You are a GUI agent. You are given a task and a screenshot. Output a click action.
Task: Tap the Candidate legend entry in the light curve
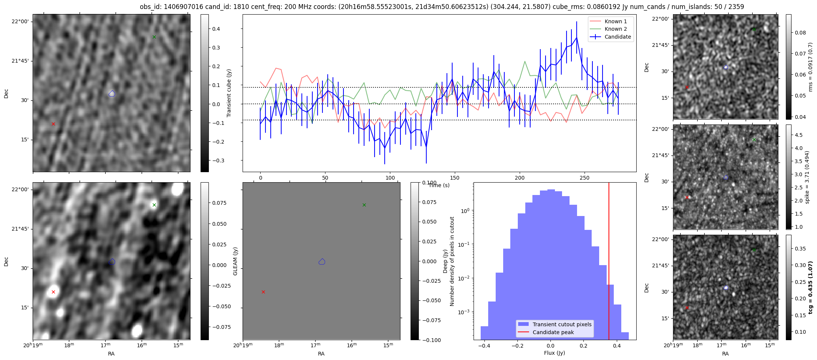click(x=618, y=37)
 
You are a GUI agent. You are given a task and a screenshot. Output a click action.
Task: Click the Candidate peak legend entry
click(x=553, y=332)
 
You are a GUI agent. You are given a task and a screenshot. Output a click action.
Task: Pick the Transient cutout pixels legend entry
click(x=562, y=324)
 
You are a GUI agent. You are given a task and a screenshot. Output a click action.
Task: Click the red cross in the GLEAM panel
click(x=263, y=292)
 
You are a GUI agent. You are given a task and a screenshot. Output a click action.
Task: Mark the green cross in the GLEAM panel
click(x=364, y=205)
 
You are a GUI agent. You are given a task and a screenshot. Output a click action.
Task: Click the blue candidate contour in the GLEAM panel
click(x=322, y=262)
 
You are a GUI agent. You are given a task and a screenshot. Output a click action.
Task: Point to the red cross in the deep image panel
click(x=53, y=292)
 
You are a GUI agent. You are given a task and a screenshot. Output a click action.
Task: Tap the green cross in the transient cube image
click(x=154, y=37)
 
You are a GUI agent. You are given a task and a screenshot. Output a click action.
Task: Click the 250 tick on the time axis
click(x=585, y=178)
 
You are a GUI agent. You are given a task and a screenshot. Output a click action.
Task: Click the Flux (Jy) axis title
click(x=554, y=353)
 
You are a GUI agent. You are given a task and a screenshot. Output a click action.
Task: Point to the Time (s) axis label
click(x=439, y=185)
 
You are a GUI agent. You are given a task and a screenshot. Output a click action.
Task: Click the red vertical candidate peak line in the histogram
click(x=609, y=262)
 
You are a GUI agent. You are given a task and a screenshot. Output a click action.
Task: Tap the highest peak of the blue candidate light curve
click(x=577, y=37)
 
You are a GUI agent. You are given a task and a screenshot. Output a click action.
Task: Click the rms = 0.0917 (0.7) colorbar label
click(x=810, y=67)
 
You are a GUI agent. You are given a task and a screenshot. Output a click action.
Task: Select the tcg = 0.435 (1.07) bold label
click(x=810, y=288)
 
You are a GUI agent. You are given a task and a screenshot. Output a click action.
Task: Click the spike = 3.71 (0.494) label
click(x=808, y=177)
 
